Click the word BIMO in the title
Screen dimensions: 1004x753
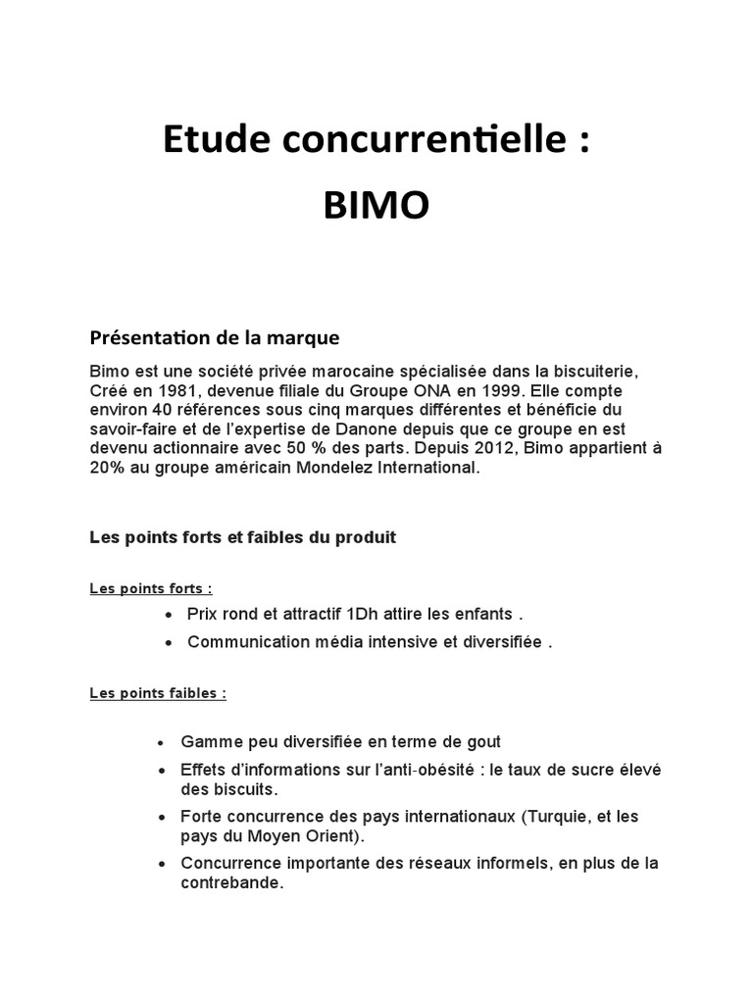pyautogui.click(x=376, y=208)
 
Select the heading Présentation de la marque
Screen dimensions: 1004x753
pyautogui.click(x=215, y=338)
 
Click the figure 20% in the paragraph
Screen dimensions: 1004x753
pyautogui.click(x=107, y=469)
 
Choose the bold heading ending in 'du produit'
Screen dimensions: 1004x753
pyautogui.click(x=243, y=538)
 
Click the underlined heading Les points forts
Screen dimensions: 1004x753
pyautogui.click(x=151, y=588)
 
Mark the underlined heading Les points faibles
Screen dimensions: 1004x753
pyautogui.click(x=158, y=692)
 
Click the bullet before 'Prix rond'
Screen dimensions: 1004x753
pyautogui.click(x=169, y=615)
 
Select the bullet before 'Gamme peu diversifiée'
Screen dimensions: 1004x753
pyautogui.click(x=162, y=742)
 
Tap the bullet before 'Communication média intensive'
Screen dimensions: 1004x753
pyautogui.click(x=169, y=643)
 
